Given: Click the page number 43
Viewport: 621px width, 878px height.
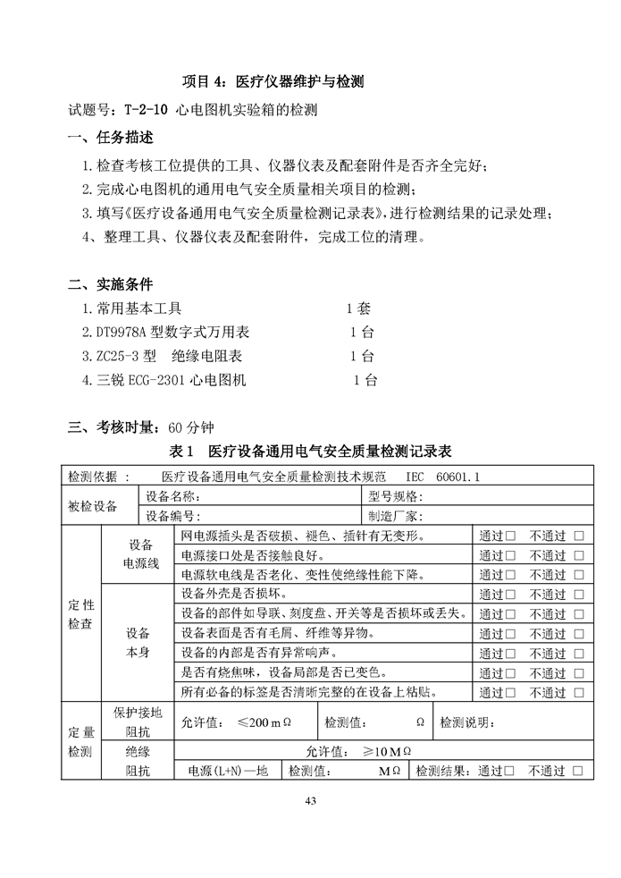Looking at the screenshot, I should pos(310,799).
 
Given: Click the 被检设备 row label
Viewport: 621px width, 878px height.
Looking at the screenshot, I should pos(92,506).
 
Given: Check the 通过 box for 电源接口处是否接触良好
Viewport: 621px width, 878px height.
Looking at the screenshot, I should pos(511,556).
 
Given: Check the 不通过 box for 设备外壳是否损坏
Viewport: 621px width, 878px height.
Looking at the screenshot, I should pos(579,595).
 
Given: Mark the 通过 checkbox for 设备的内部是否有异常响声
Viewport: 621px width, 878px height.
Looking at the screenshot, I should pos(511,653).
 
